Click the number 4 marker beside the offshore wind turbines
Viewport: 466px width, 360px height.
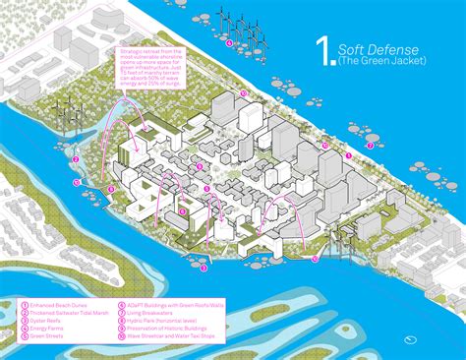coord(229,43)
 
